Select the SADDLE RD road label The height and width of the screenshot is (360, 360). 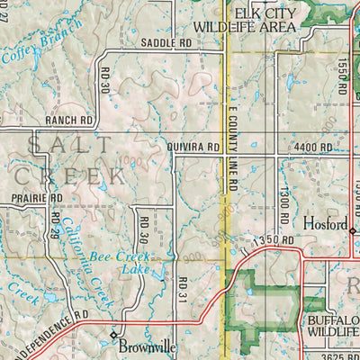coord(166,43)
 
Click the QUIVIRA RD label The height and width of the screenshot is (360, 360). coord(193,146)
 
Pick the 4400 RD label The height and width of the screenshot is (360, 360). coord(312,146)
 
